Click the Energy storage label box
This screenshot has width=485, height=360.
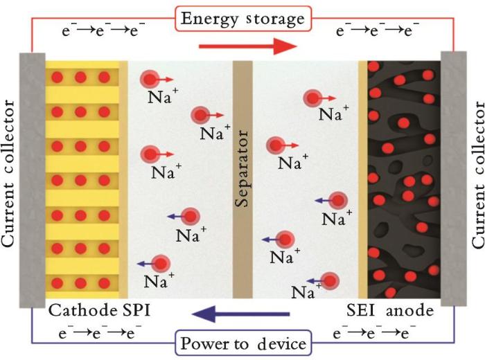[243, 19]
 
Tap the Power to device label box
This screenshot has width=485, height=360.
[243, 343]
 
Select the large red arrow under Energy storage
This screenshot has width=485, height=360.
[248, 46]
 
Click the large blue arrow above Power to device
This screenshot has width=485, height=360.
[240, 314]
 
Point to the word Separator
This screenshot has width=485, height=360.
[242, 168]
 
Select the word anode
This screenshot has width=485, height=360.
[409, 311]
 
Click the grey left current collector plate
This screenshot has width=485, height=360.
[33, 180]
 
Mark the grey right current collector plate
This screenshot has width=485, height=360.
[453, 179]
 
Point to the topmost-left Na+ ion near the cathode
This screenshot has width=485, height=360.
[150, 80]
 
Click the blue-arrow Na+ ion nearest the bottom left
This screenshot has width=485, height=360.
[160, 264]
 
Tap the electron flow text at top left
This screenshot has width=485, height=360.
[103, 30]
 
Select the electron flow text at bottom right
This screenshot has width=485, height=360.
[374, 333]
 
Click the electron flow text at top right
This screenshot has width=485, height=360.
[378, 30]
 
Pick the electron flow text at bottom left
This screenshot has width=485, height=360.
[100, 333]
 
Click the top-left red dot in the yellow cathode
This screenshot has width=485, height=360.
[58, 78]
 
